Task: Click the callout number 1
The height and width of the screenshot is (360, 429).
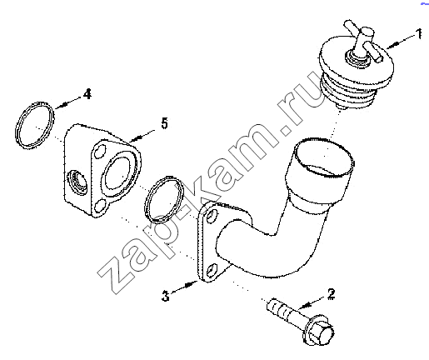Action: pos(419,34)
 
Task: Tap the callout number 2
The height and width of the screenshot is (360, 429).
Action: pos(331,294)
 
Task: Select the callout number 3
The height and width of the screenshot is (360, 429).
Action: pos(166,296)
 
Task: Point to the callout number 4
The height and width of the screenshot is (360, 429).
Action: pos(87,94)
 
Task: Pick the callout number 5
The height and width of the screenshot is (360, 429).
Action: pos(165,123)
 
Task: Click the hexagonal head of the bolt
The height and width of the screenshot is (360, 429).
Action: pos(322,332)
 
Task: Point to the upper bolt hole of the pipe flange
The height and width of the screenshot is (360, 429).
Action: pos(212,216)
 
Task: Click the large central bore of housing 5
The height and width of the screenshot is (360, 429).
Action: pos(117,173)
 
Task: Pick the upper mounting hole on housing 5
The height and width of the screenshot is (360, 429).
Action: pos(100,152)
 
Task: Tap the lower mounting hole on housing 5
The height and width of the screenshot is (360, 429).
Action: pos(99,207)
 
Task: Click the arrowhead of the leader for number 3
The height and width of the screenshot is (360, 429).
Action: pos(192,284)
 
